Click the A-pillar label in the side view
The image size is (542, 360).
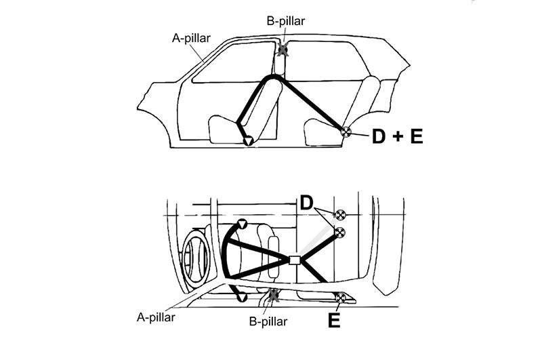(191, 38)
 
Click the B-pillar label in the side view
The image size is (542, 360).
(286, 21)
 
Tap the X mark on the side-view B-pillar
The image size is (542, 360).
(283, 49)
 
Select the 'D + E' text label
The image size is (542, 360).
(398, 136)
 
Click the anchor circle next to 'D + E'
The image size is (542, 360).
(346, 132)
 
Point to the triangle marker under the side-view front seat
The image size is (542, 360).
(248, 141)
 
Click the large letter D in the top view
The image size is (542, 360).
(306, 203)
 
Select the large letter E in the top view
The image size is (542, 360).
(334, 320)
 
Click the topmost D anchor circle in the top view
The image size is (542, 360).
(340, 214)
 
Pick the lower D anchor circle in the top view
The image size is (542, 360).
(340, 233)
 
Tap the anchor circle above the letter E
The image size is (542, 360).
(341, 298)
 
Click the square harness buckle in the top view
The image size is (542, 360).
(295, 260)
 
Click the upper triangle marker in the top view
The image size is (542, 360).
(242, 224)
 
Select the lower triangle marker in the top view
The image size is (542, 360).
(241, 297)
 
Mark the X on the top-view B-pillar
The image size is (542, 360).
(274, 296)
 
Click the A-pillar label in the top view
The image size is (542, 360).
(156, 317)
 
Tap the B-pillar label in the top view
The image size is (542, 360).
(268, 321)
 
